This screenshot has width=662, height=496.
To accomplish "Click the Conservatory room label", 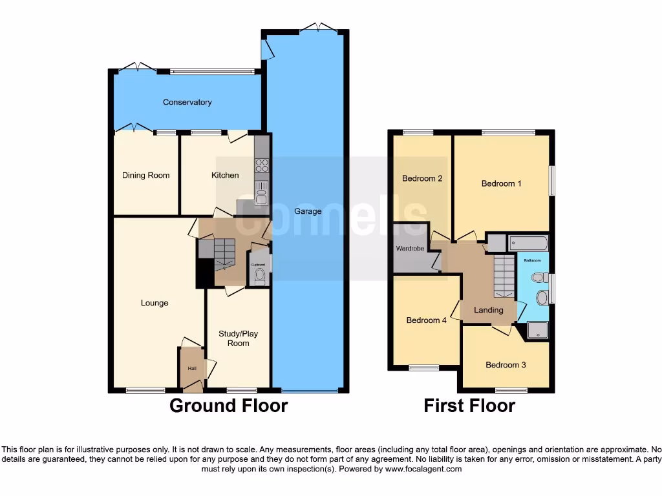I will pos(187,102).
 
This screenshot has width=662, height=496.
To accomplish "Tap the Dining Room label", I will pos(146,175).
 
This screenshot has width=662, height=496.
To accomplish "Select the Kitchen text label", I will pos(225,175).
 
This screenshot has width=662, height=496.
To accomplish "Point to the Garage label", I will pos(308,211).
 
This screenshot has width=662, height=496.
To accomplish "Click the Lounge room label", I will pos(155,303).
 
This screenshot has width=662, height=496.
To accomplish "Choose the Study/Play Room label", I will pos(238,338).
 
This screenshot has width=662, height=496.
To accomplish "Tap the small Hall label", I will pos(192,368).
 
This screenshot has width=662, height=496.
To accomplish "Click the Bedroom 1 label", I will pos(501,183).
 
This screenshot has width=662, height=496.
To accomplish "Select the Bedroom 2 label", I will pos(422,178).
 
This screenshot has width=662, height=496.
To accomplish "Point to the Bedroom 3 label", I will pos(506,365).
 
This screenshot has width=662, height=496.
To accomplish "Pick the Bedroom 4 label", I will pos(426,320).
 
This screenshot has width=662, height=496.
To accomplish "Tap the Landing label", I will pos(488,310).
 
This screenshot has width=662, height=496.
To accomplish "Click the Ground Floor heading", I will pos(228,406).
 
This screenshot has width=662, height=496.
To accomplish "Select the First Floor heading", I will pos(469,406).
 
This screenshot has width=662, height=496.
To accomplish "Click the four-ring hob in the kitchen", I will pos(261,165).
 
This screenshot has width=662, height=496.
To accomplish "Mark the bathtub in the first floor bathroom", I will pos(529,243).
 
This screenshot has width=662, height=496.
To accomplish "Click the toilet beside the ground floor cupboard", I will pos(259,277).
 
